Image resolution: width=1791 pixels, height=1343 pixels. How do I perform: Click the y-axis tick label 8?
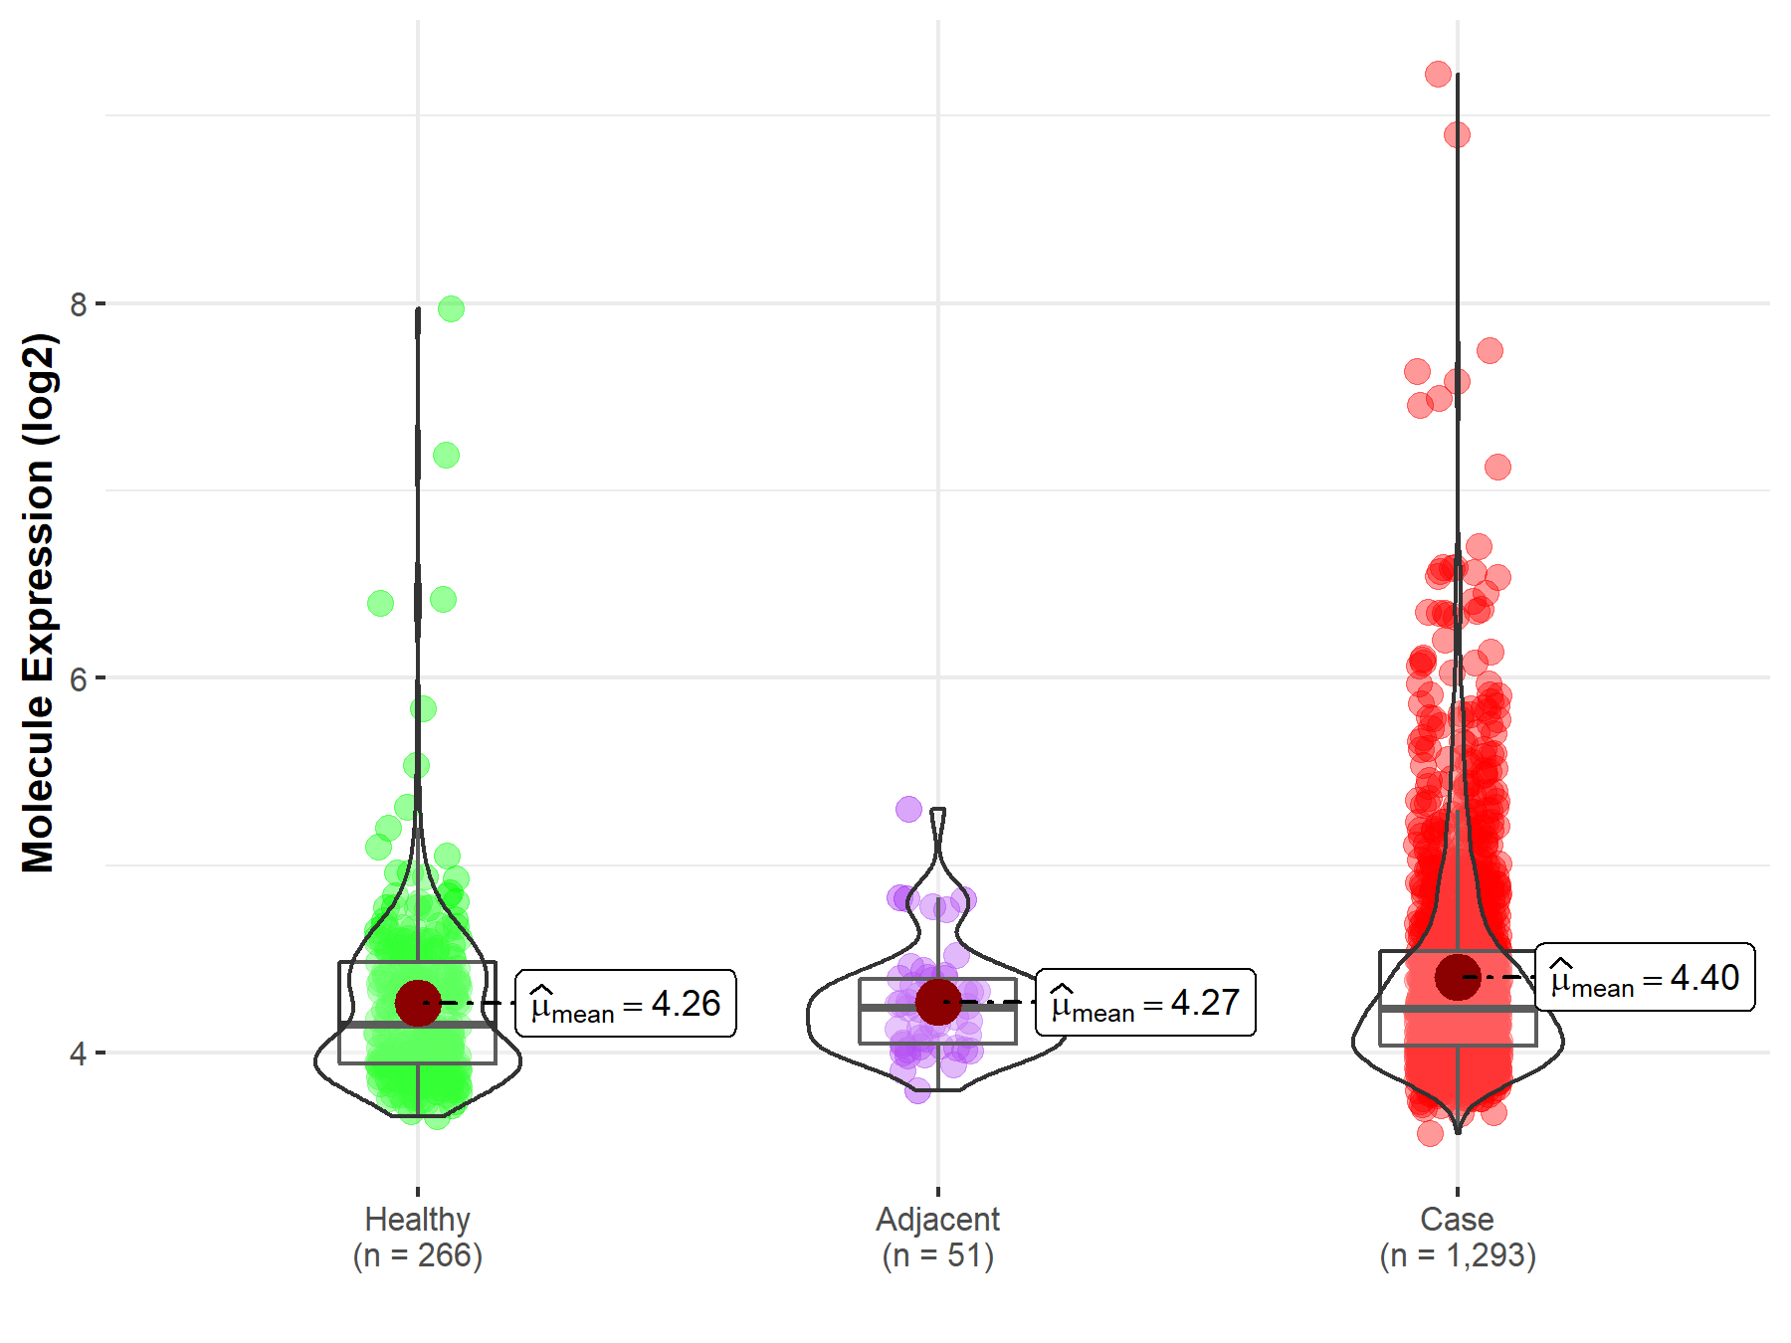pyautogui.click(x=79, y=304)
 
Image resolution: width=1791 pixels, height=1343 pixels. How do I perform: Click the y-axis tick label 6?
pyautogui.click(x=79, y=679)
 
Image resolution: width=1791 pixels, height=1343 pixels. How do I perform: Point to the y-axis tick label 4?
pyautogui.click(x=79, y=1054)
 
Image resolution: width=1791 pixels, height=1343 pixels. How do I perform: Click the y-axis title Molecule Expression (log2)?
pyautogui.click(x=38, y=603)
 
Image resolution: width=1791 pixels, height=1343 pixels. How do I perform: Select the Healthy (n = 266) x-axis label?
pyautogui.click(x=418, y=1237)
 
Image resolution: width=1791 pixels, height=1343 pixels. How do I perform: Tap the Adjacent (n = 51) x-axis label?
pyautogui.click(x=937, y=1237)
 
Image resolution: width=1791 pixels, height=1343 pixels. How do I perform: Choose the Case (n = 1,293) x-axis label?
pyautogui.click(x=1458, y=1237)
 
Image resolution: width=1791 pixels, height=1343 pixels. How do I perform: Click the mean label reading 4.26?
pyautogui.click(x=626, y=1004)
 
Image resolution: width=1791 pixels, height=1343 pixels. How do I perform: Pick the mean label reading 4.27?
pyautogui.click(x=1145, y=1003)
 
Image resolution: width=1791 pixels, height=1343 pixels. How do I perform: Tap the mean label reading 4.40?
pyautogui.click(x=1645, y=978)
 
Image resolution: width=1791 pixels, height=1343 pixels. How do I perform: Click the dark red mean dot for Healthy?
pyautogui.click(x=418, y=1003)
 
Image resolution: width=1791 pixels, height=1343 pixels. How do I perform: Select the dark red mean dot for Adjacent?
pyautogui.click(x=937, y=1002)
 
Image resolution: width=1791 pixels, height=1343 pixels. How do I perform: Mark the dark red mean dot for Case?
pyautogui.click(x=1458, y=977)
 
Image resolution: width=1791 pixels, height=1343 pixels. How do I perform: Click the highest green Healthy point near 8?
pyautogui.click(x=451, y=309)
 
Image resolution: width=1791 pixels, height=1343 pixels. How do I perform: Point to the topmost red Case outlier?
pyautogui.click(x=1438, y=74)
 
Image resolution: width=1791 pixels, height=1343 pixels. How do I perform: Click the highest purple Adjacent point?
pyautogui.click(x=908, y=809)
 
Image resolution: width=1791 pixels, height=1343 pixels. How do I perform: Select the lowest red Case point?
pyautogui.click(x=1430, y=1133)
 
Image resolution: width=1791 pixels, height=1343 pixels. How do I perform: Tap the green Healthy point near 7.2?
pyautogui.click(x=446, y=456)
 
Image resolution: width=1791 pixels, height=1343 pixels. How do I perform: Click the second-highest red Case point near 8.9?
pyautogui.click(x=1457, y=134)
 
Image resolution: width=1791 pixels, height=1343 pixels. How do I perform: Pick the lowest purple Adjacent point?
pyautogui.click(x=917, y=1090)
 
